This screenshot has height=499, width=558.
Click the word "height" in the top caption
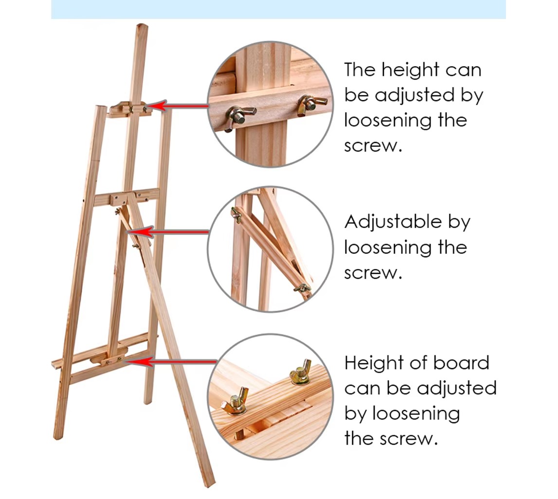pos(406,70)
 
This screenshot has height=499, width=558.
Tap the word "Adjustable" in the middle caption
pos(387,222)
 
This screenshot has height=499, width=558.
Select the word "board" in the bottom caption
pos(464,363)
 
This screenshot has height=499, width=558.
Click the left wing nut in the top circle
pos(237,116)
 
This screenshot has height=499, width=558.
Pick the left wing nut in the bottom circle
pos(235,402)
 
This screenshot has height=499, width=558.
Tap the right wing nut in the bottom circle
pos(300,374)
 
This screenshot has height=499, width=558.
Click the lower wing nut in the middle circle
pos(302,288)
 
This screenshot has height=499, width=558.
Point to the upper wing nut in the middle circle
pos(236,214)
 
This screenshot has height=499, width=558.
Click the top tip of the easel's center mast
pos(142,26)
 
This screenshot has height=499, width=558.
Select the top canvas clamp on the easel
pos(129,109)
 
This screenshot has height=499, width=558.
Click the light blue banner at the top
pos(278,9)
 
